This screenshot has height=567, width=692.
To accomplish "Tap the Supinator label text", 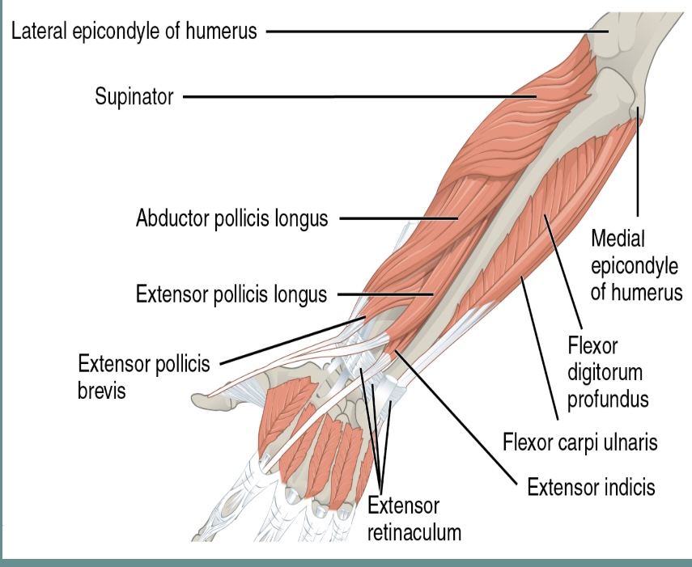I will pyautogui.click(x=134, y=98).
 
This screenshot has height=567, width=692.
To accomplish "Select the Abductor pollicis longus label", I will pyautogui.click(x=232, y=218).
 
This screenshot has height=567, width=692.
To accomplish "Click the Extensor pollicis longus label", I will pyautogui.click(x=231, y=294).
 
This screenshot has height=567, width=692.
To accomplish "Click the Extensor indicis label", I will pyautogui.click(x=591, y=487).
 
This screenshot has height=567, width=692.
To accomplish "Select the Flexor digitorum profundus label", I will pyautogui.click(x=607, y=373).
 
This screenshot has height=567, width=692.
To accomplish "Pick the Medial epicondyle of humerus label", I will pyautogui.click(x=636, y=265).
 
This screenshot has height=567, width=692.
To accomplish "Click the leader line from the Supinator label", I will pyautogui.click(x=356, y=98).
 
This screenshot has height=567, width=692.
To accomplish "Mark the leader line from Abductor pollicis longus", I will pyautogui.click(x=397, y=218).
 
